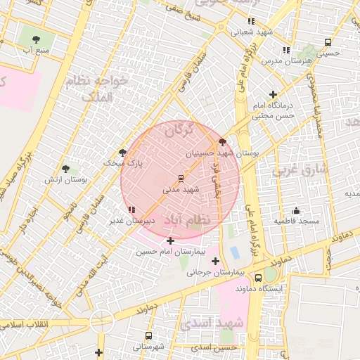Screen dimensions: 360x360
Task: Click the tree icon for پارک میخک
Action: point(123,152)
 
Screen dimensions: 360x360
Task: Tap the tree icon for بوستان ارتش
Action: point(66,169)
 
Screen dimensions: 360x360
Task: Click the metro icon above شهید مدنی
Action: point(181,178)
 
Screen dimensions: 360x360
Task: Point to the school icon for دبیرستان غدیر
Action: point(131,210)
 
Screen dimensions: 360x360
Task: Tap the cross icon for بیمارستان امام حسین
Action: point(170,241)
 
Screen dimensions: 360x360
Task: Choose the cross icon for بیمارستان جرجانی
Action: point(215,262)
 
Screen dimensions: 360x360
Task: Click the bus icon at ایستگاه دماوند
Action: point(259,278)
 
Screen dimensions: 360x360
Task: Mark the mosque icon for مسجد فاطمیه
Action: point(296,210)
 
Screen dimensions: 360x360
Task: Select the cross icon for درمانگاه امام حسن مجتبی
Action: point(273,94)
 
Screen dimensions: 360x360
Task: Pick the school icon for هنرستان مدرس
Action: point(285,50)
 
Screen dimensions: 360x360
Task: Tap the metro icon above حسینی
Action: point(328,42)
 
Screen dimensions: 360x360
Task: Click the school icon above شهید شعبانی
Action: point(251,21)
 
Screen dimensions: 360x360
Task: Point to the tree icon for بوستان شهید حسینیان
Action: point(223,141)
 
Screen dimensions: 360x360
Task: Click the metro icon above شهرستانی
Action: point(148,335)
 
